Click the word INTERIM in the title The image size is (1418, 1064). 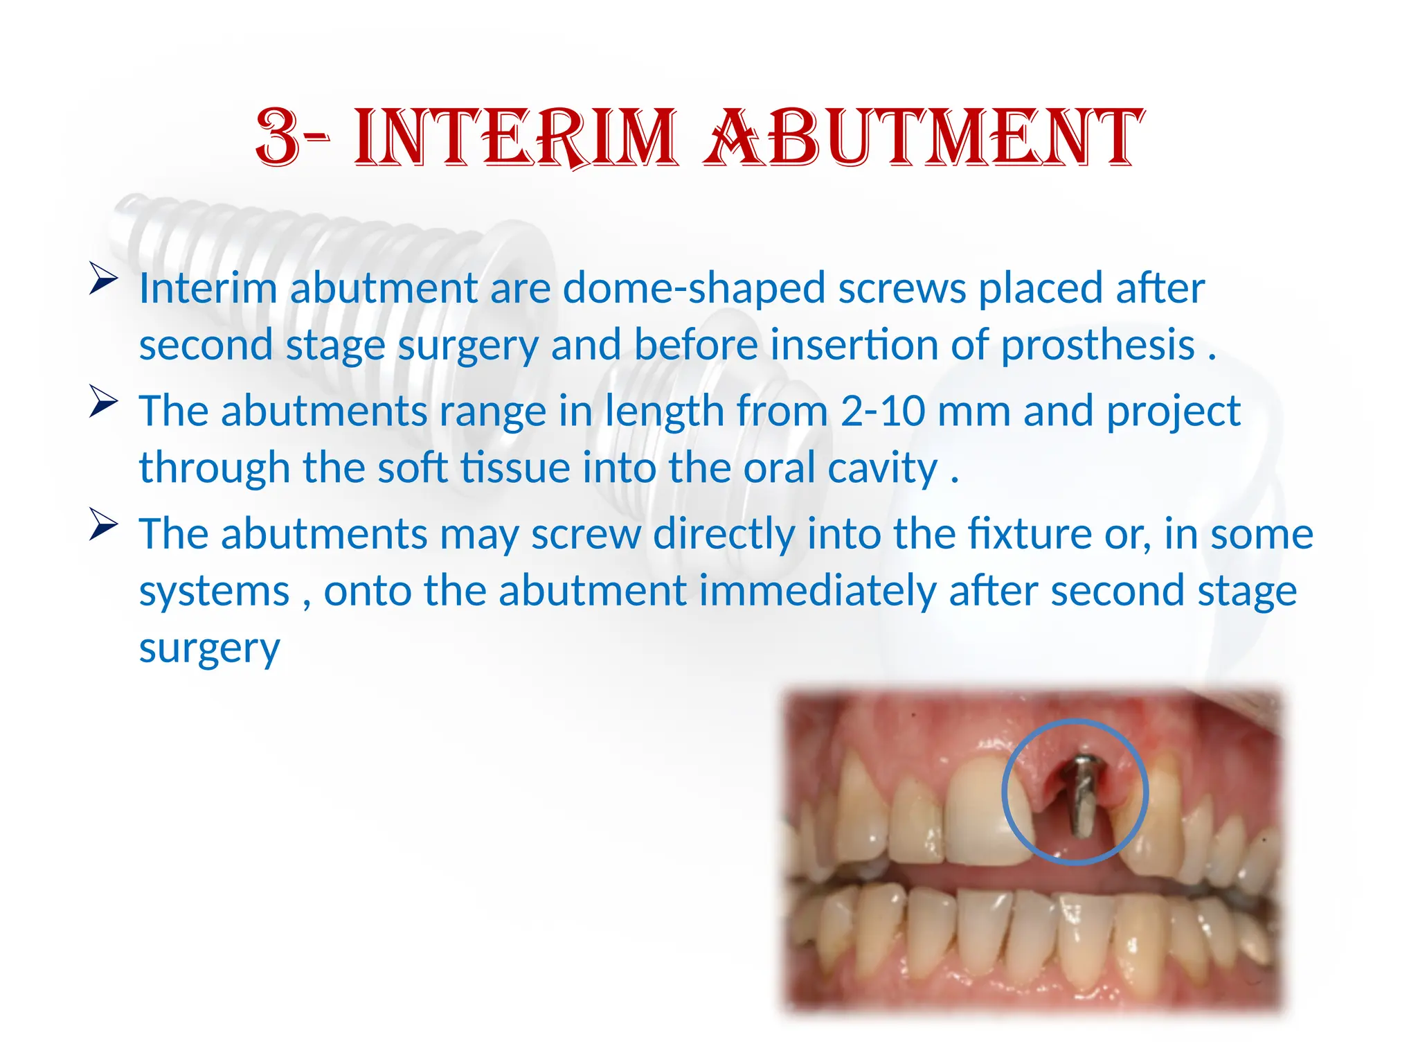tap(516, 138)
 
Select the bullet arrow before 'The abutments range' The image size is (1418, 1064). tap(103, 402)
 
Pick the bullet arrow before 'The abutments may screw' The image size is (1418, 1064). tap(103, 525)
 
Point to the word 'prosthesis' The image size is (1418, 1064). tap(1098, 345)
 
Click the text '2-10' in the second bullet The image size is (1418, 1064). tap(883, 411)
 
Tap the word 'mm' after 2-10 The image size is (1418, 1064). tap(973, 411)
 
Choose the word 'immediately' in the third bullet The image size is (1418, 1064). tap(817, 592)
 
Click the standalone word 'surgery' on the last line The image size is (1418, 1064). tap(209, 649)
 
